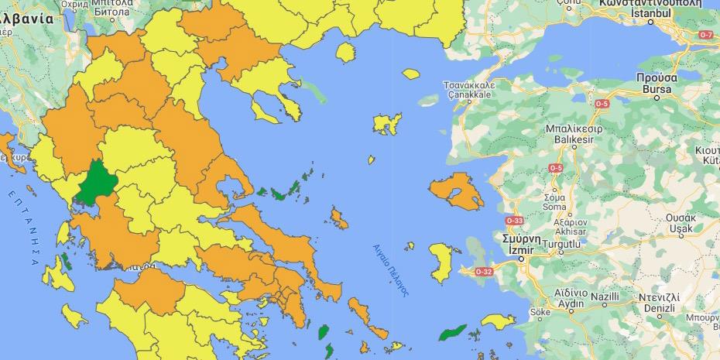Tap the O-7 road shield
[706, 36]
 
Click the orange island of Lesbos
[455, 192]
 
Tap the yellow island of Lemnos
[384, 124]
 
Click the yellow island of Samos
[493, 320]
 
